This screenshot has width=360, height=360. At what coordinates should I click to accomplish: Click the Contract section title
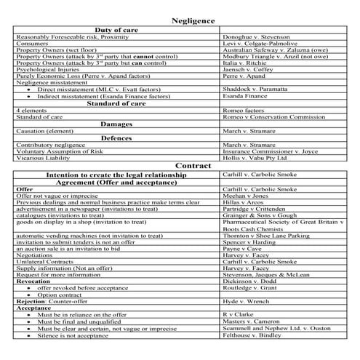[193, 165]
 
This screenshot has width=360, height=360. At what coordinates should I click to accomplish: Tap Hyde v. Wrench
[247, 300]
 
